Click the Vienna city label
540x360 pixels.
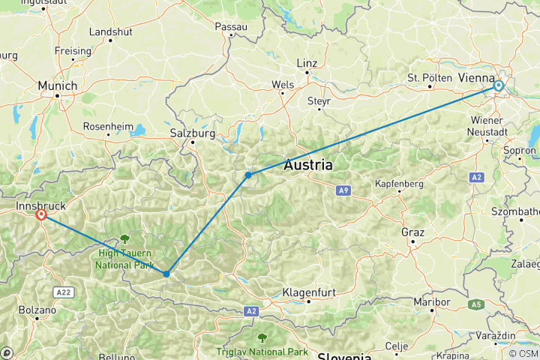pos(475,78)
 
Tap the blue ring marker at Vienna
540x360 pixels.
pos(499,86)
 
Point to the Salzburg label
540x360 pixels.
pos(193,133)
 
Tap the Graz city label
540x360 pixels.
pos(413,232)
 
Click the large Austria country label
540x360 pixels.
pos(308,166)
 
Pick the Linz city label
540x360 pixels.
pos(307,63)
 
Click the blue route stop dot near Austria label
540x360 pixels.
pos(248,175)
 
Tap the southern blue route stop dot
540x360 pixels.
pos(166,274)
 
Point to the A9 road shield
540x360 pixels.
pos(343,191)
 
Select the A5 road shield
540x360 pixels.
pos(475,304)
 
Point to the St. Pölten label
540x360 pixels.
pos(428,78)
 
